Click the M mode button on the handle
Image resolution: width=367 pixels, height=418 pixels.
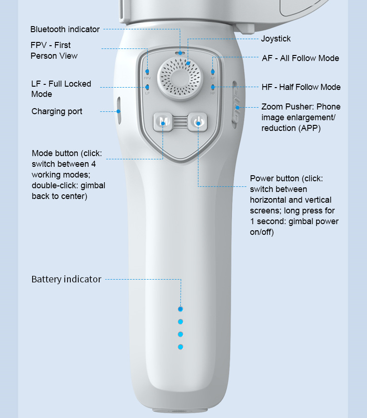point(163,122)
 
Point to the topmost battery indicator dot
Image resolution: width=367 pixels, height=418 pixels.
point(181,309)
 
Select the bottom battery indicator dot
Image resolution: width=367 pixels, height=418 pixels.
point(181,347)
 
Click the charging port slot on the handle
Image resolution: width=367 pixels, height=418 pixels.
point(119,111)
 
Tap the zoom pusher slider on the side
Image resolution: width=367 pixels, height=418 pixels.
point(237,108)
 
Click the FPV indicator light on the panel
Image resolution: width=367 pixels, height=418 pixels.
point(147,72)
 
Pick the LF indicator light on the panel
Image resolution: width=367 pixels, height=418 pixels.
point(147,87)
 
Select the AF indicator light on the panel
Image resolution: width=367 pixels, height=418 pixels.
point(212,72)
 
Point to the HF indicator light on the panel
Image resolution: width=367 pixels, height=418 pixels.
point(212,87)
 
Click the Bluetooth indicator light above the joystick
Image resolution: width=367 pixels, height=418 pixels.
point(180,53)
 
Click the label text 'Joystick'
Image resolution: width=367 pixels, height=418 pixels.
point(276,39)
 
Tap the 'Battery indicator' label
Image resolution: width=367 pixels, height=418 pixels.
point(66,279)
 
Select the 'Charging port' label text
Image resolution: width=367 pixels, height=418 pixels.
point(57,111)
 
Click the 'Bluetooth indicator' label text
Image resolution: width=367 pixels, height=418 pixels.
point(65,29)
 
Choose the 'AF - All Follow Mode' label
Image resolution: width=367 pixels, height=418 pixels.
point(300,58)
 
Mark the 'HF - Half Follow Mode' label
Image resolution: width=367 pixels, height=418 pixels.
point(301,87)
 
